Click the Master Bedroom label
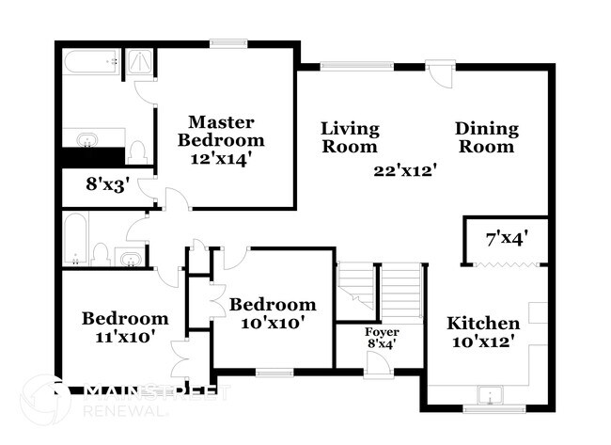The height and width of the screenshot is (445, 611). coord(221,131)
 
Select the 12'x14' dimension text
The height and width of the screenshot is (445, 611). coord(221,158)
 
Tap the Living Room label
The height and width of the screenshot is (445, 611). coord(350,137)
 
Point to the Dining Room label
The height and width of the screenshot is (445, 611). coord(485,137)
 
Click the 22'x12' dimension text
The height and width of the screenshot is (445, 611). coord(405,170)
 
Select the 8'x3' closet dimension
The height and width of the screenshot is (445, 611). coord(105,185)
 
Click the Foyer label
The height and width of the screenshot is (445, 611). coord(382,333)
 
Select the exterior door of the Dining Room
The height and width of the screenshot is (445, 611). coord(437,72)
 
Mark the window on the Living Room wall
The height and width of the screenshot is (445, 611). coord(357,66)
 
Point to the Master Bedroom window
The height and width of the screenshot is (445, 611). coord(227,41)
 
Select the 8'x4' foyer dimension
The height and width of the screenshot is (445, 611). coord(382,344)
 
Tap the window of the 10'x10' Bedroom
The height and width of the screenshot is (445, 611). coord(274,373)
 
